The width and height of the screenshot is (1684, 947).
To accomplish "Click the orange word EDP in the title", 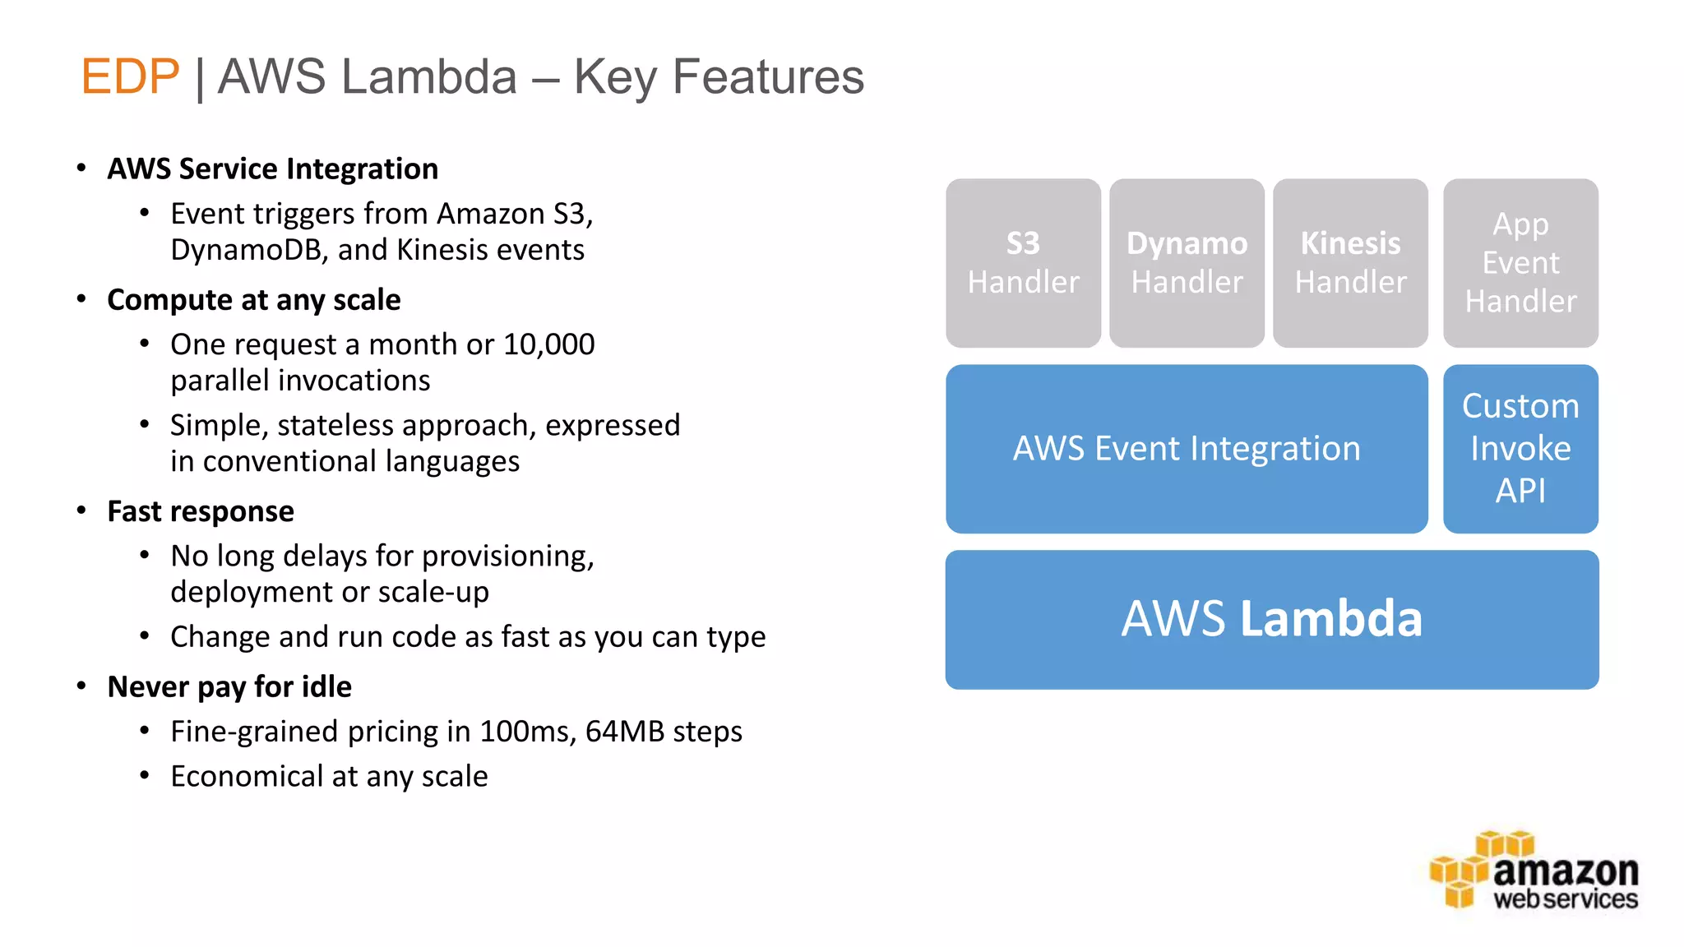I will point(130,76).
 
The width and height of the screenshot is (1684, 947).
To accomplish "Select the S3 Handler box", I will point(1023,263).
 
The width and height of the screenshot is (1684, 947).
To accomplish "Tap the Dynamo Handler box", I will point(1187,263).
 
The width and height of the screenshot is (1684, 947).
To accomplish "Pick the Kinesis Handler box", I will point(1350,263).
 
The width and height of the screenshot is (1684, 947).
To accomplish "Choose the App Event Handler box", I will point(1520,263).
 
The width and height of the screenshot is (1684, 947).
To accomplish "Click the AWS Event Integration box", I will point(1186,449).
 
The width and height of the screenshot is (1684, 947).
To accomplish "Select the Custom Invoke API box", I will point(1520,449).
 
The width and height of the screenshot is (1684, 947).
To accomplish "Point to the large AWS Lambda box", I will point(1271,619).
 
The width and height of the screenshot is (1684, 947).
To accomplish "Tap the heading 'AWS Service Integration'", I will point(272,169).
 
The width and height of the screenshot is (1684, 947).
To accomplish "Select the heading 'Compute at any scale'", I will point(253,300).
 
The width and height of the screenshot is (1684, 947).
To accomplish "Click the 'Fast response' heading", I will point(201,511).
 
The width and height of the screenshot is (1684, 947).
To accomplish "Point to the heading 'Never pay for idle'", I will point(229,686).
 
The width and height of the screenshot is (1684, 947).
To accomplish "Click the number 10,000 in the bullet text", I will point(548,344).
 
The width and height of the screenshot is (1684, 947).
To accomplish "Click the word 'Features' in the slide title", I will point(768,76).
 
